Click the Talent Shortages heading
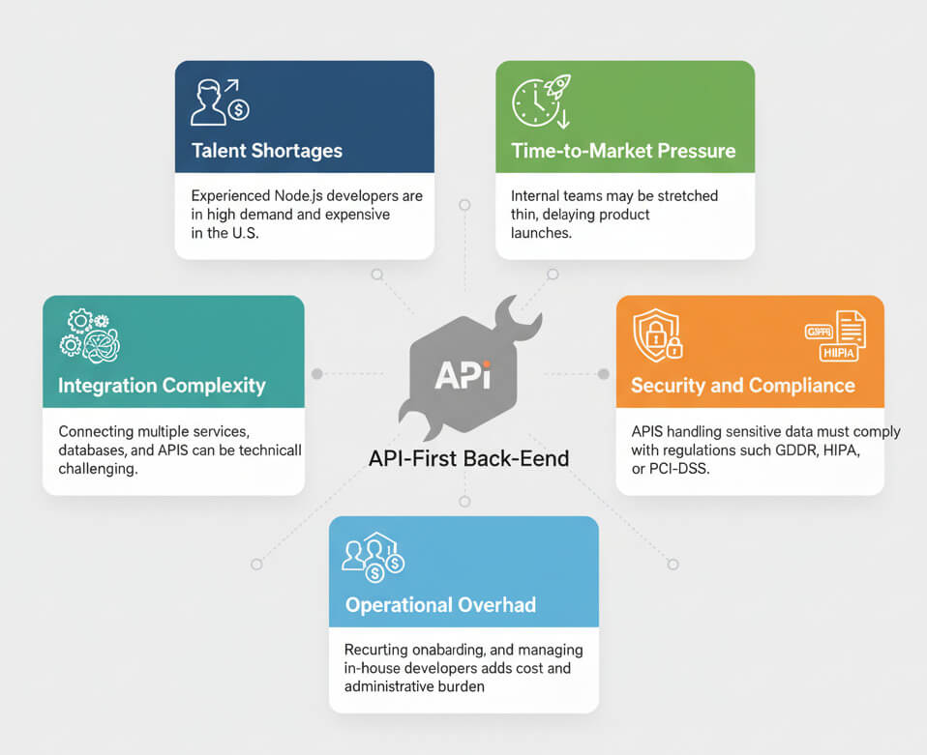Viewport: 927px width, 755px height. coord(267,151)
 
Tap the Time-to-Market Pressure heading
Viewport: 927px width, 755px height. coord(623,151)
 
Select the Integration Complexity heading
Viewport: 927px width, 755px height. coord(162,386)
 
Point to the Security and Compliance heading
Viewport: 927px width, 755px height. coord(742,386)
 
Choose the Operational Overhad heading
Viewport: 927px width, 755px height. coord(440,605)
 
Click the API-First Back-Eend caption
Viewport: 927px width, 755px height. coord(468,458)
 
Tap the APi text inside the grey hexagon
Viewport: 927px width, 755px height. coord(463,375)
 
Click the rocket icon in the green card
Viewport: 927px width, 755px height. coord(558,86)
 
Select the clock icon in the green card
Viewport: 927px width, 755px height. coord(535,102)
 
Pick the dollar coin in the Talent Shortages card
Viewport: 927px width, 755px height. coord(238,109)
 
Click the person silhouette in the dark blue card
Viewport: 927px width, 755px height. coord(207,102)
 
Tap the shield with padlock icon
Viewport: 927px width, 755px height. coord(657,334)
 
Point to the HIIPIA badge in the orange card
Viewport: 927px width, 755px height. coord(838,353)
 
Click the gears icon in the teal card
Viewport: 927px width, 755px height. coord(90,335)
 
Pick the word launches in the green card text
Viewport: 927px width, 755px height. coord(541,233)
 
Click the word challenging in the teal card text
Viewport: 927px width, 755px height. coord(98,469)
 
